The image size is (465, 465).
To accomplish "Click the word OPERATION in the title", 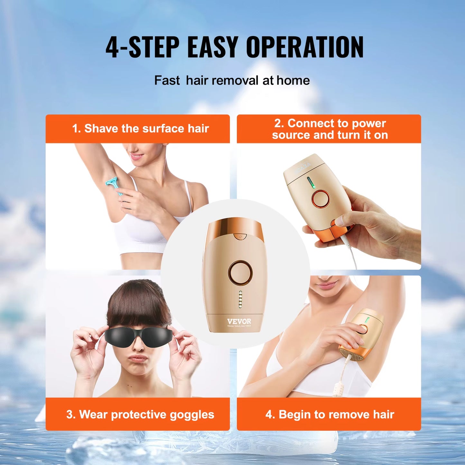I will (304, 47).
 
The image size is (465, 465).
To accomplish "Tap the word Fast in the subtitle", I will (167, 80).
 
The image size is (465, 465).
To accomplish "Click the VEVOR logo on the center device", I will (239, 321).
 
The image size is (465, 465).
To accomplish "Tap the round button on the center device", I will (240, 273).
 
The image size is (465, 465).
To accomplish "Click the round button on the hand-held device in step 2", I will (321, 199).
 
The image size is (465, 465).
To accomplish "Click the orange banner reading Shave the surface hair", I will (138, 129).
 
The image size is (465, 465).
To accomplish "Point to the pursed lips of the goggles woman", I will (137, 358).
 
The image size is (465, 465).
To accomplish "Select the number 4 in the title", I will (112, 48).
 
